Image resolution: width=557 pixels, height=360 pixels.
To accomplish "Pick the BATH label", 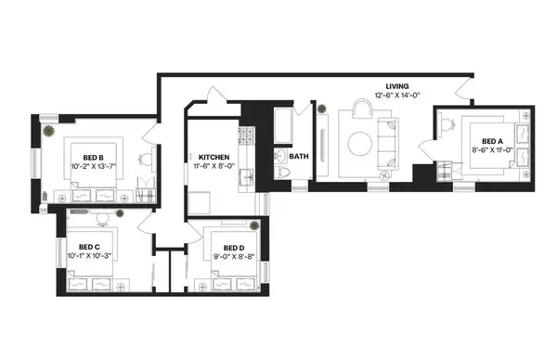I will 298,157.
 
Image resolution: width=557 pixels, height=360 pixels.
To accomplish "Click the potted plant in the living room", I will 322,110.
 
